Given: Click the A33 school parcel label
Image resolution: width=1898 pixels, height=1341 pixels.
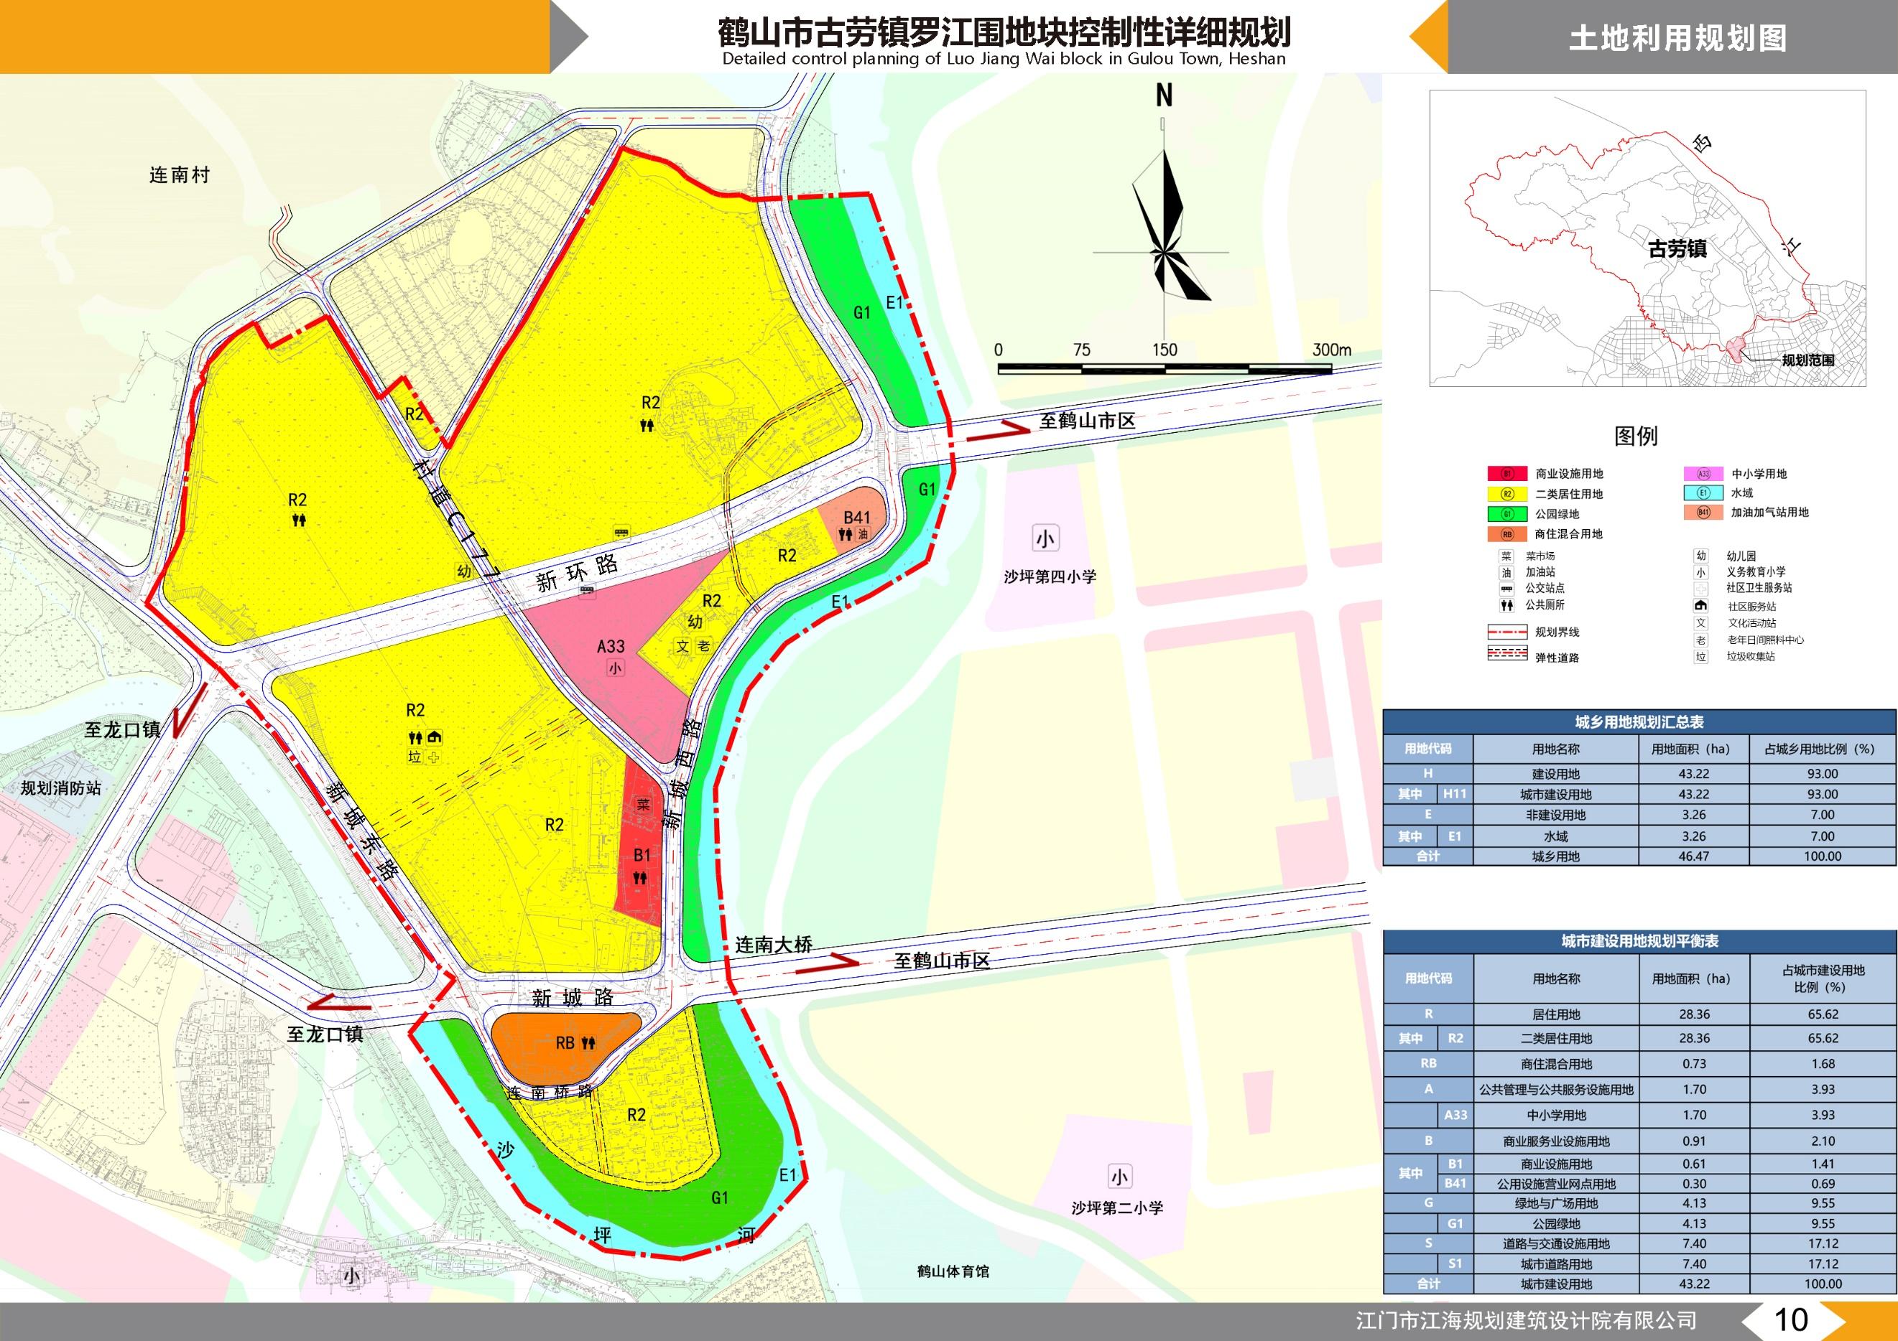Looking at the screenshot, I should point(611,646).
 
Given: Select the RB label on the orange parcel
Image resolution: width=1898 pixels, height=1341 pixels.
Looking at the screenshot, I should point(565,1043).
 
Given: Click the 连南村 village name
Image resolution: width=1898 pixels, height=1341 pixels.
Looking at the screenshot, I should point(180,175).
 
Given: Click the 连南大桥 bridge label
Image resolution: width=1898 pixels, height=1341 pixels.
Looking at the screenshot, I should point(774,945).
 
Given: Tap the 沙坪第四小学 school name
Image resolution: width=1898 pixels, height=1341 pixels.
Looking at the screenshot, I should point(1050,576).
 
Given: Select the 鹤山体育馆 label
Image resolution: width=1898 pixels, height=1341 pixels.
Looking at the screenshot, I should point(953,1271).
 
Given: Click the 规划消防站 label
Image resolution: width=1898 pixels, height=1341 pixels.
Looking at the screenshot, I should point(61,788).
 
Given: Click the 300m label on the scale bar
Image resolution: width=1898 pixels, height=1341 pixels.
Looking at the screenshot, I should point(1332,350).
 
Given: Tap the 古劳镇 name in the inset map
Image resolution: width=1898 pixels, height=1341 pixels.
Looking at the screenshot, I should point(1677,248).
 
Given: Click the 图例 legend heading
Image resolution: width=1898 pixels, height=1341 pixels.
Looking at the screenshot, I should point(1636,436).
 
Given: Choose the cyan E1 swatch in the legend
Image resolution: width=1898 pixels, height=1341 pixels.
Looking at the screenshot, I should point(1703,493).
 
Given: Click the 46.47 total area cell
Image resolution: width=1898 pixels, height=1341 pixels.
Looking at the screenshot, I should point(1693,856).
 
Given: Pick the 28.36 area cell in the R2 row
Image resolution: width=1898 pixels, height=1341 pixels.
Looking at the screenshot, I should point(1694,1038).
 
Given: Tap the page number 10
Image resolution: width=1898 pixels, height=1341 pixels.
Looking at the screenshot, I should point(1792,1319).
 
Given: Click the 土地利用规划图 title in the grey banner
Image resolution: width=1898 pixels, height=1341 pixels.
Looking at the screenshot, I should point(1677,38).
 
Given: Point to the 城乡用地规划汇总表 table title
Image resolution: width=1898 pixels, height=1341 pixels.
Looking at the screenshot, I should point(1639,722).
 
